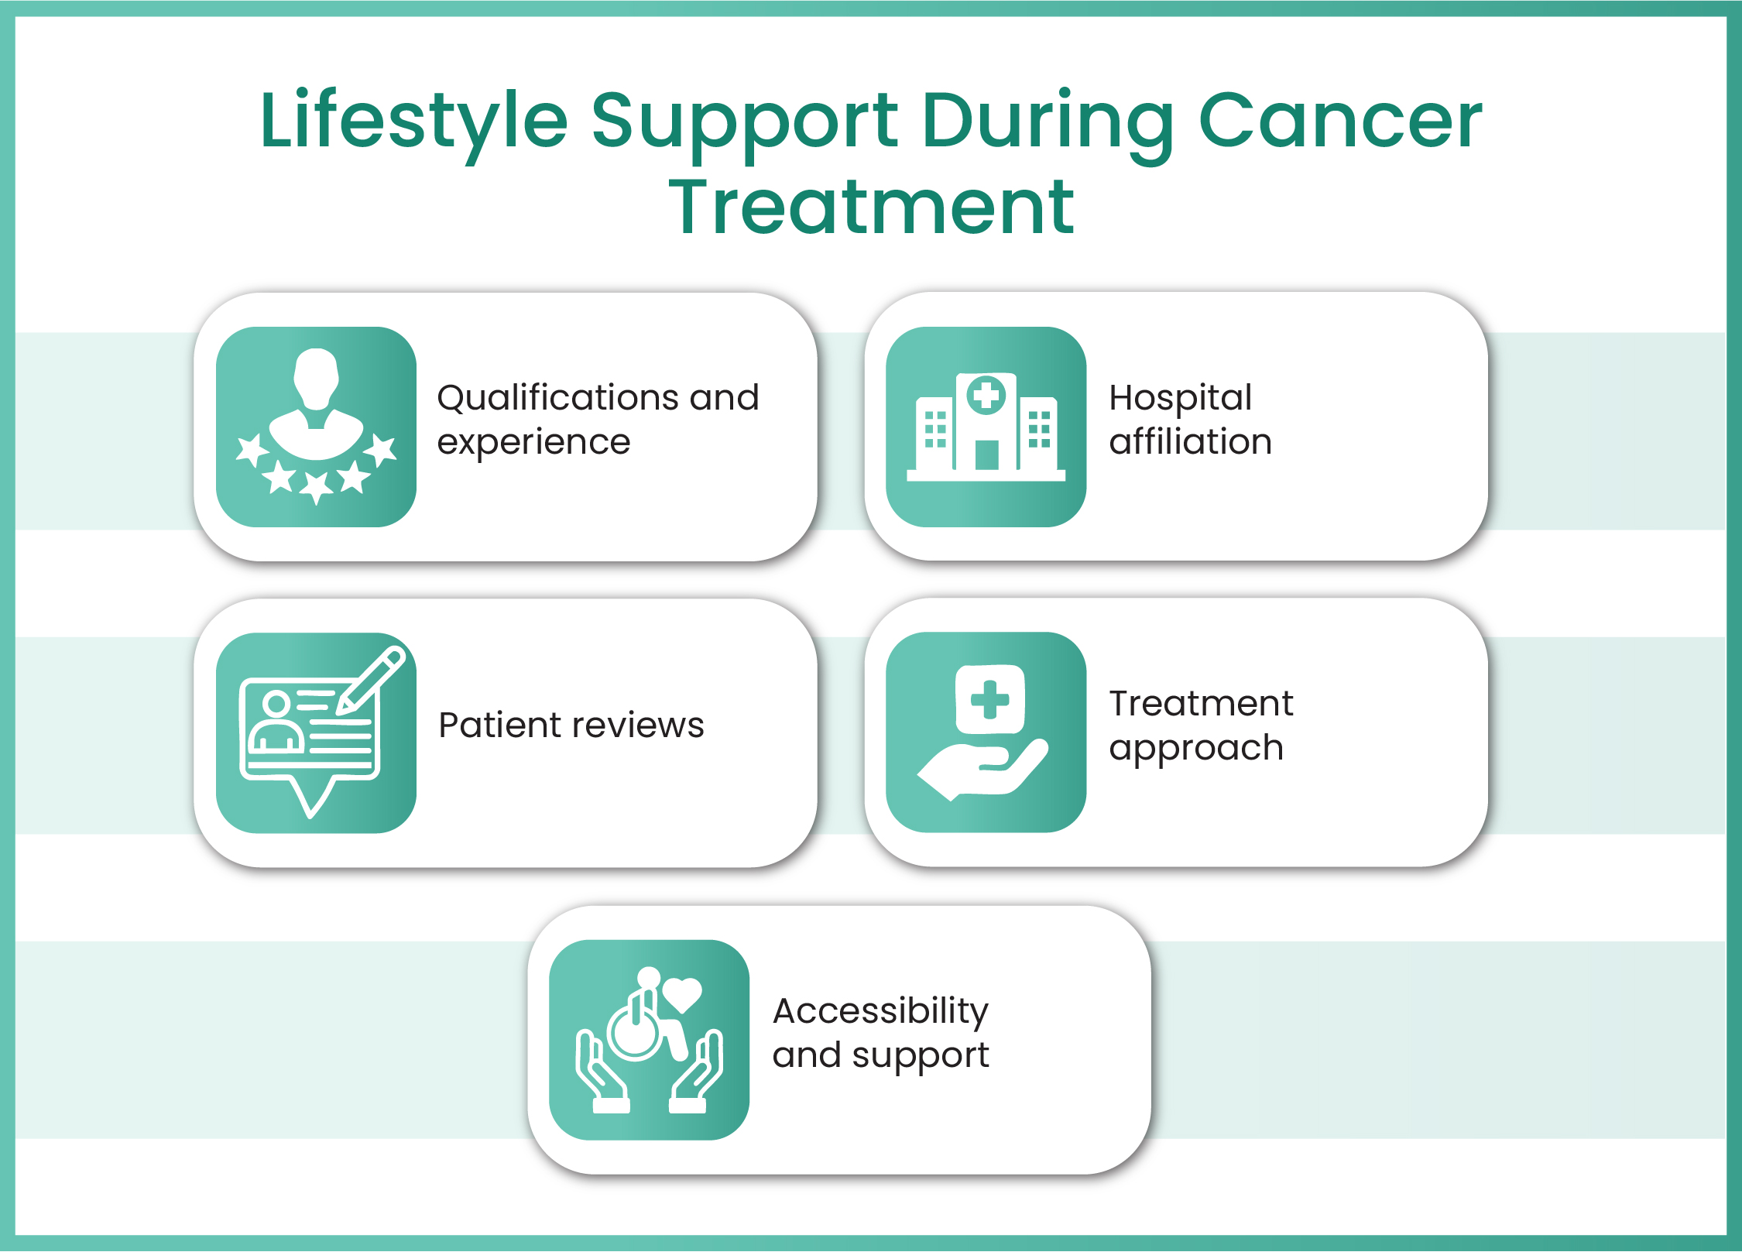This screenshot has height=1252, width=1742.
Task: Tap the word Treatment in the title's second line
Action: pyautogui.click(x=871, y=208)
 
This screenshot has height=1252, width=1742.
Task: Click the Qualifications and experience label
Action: pyautogui.click(x=598, y=420)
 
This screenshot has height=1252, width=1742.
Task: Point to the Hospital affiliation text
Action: pyautogui.click(x=1190, y=420)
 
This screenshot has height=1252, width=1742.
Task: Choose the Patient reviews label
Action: pyautogui.click(x=571, y=725)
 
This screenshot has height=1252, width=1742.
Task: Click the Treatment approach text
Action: pyautogui.click(x=1200, y=725)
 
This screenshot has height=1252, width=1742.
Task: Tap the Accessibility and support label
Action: pyautogui.click(x=880, y=1033)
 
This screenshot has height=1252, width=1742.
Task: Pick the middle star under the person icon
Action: pyautogui.click(x=316, y=486)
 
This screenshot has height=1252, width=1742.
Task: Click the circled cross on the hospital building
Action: pyautogui.click(x=986, y=396)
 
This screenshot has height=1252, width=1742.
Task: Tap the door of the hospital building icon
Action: pyautogui.click(x=986, y=455)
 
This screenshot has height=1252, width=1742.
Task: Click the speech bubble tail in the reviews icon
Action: pyautogui.click(x=311, y=798)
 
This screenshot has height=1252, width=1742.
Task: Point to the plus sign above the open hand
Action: pyautogui.click(x=989, y=699)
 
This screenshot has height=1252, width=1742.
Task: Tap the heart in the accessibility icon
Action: pyautogui.click(x=682, y=994)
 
